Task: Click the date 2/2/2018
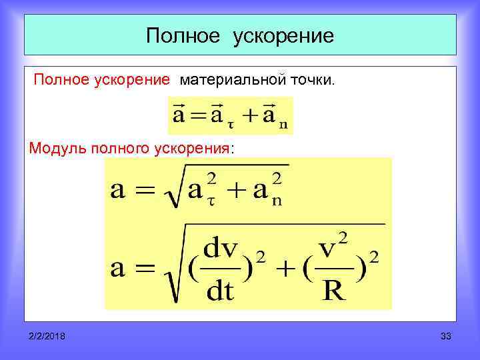coord(47,337)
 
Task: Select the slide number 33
coord(446,337)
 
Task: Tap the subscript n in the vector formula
coord(284,124)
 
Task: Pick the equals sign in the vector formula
coord(197,117)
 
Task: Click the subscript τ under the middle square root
coord(211,201)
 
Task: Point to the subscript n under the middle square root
coord(276,201)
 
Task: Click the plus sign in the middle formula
coord(237,191)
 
